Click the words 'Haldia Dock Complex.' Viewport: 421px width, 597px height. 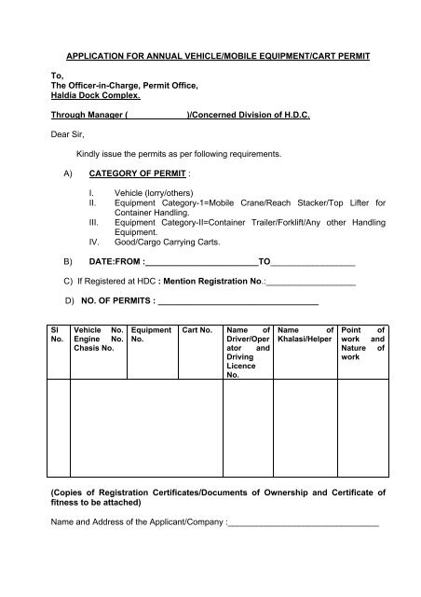[98, 96]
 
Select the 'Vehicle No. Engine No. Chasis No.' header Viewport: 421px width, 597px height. [99, 339]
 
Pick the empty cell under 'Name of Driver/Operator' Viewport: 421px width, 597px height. [248, 429]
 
